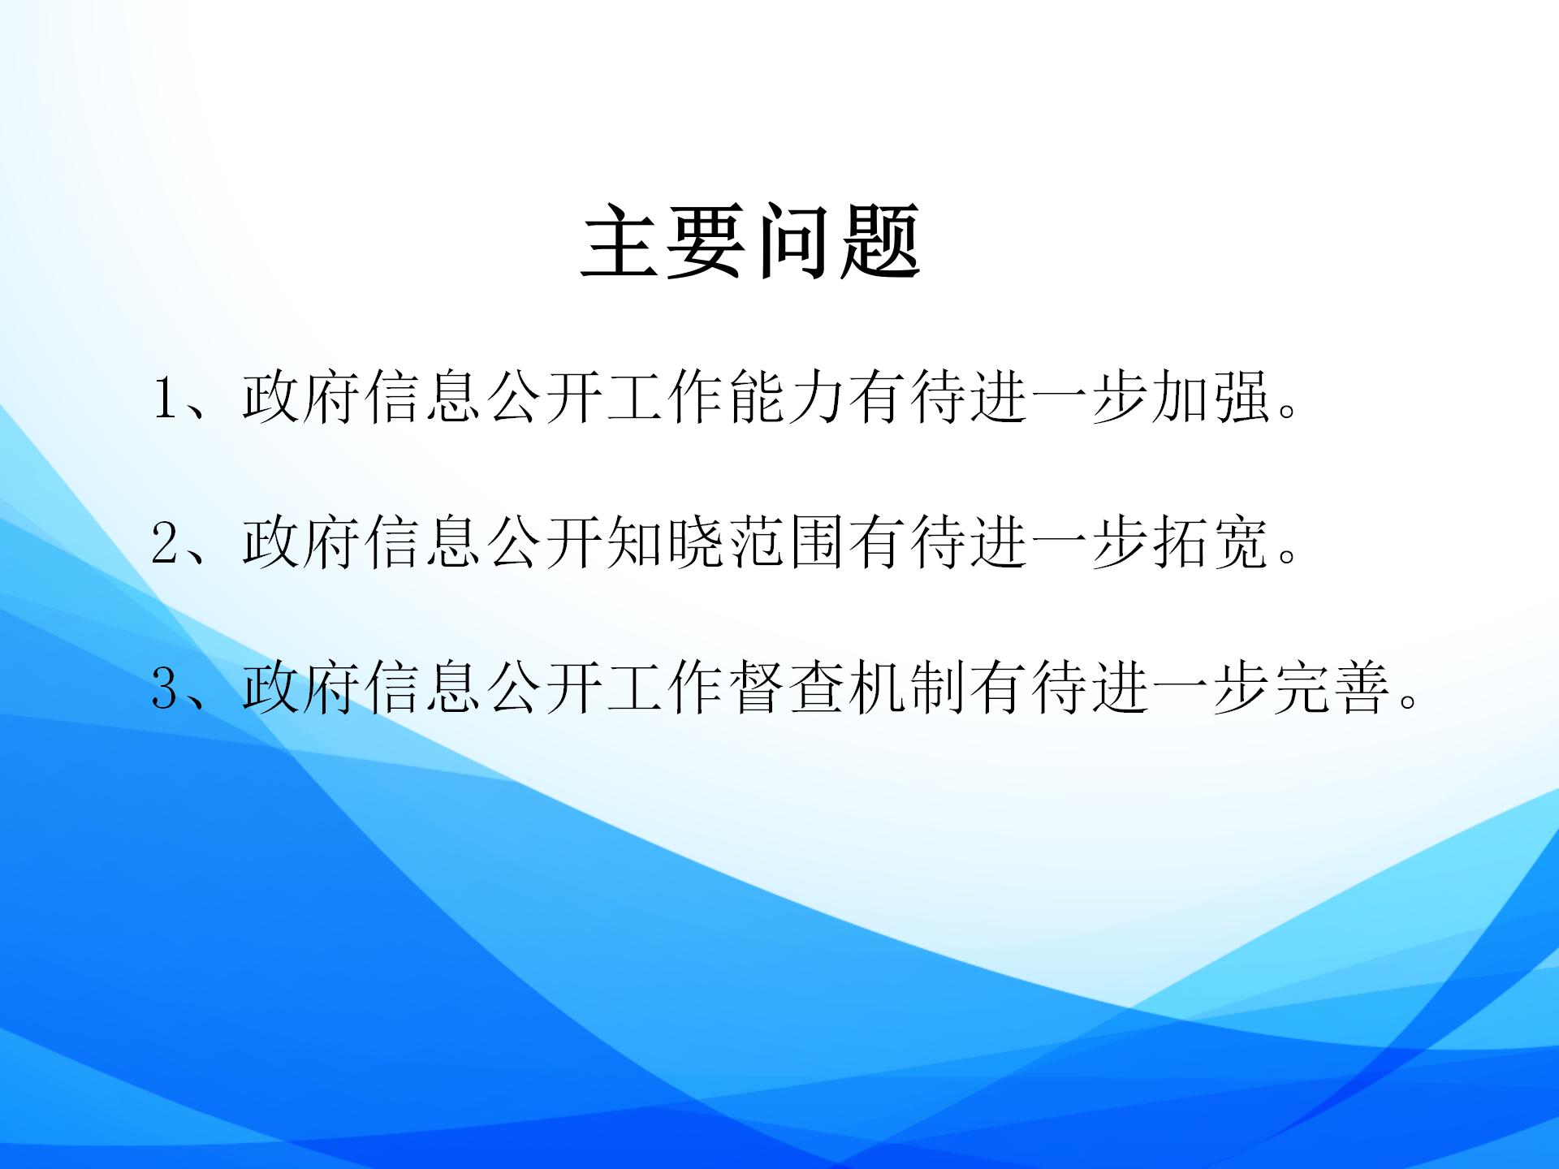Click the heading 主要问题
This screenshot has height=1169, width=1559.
click(x=751, y=241)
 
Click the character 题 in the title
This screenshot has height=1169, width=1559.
click(x=880, y=241)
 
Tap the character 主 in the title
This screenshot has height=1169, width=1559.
click(x=621, y=241)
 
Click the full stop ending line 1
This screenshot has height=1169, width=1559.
click(x=1287, y=411)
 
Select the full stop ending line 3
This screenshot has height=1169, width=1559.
click(x=1409, y=701)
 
